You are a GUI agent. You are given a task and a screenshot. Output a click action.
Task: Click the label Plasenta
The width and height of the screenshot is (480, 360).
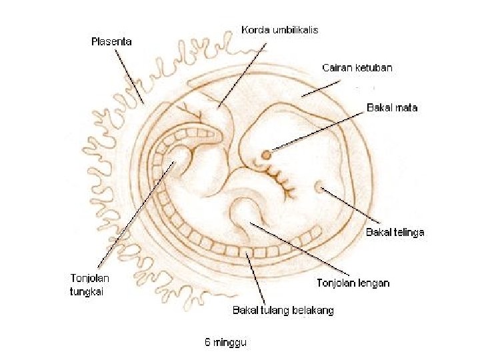(111, 41)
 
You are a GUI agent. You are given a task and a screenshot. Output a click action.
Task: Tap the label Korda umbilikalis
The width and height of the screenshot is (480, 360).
(279, 30)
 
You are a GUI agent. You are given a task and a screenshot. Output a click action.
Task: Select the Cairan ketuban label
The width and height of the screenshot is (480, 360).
(357, 67)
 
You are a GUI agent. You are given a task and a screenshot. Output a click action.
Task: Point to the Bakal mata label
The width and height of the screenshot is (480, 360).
(392, 107)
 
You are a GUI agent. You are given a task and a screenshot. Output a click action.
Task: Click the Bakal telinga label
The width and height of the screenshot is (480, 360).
(395, 232)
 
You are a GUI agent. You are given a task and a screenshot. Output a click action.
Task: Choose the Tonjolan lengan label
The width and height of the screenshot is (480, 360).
(352, 283)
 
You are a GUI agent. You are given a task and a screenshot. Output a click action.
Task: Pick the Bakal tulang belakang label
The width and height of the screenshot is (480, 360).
(283, 310)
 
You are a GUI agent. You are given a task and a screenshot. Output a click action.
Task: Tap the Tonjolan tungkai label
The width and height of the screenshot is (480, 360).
(90, 284)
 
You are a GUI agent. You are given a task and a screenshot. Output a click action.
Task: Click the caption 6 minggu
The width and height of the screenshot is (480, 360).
(225, 343)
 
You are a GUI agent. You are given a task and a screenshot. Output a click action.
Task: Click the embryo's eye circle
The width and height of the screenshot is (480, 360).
(266, 155)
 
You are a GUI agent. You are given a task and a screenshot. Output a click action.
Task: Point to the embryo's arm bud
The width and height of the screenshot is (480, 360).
(244, 213)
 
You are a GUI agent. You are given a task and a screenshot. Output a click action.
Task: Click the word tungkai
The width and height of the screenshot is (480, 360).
(89, 291)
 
